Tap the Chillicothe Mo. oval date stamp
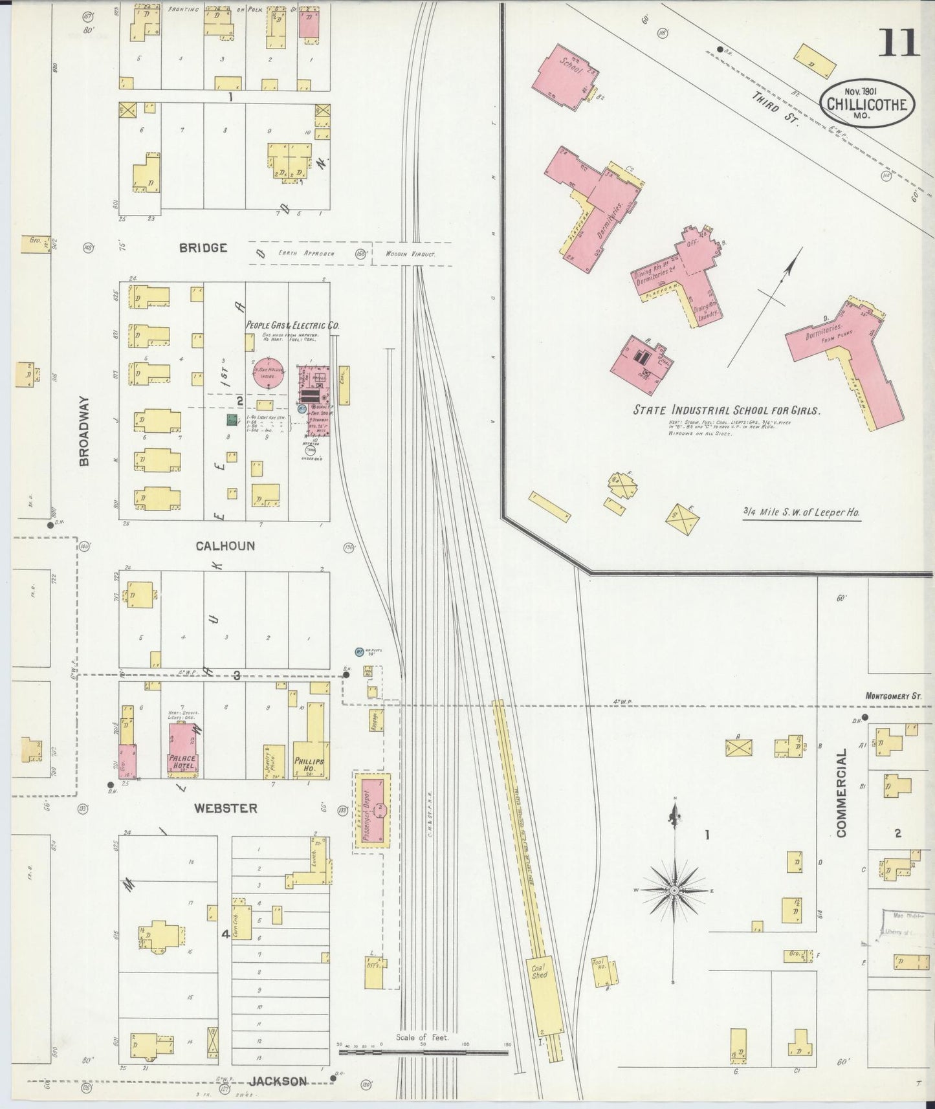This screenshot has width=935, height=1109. pyautogui.click(x=866, y=103)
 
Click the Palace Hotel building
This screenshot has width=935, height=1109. pyautogui.click(x=183, y=749)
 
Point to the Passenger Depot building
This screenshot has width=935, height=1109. pyautogui.click(x=372, y=809)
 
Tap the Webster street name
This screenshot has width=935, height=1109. pyautogui.click(x=226, y=808)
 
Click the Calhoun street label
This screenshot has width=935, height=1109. pyautogui.click(x=225, y=545)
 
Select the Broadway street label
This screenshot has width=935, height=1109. pyautogui.click(x=85, y=431)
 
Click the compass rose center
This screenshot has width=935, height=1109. pyautogui.click(x=674, y=891)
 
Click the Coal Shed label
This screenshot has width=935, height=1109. pyautogui.click(x=540, y=971)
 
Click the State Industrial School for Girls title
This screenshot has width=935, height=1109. pyautogui.click(x=726, y=410)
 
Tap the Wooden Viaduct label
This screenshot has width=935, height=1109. pyautogui.click(x=410, y=254)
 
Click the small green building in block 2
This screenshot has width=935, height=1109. pyautogui.click(x=232, y=420)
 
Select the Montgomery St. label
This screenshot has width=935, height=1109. pyautogui.click(x=893, y=696)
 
